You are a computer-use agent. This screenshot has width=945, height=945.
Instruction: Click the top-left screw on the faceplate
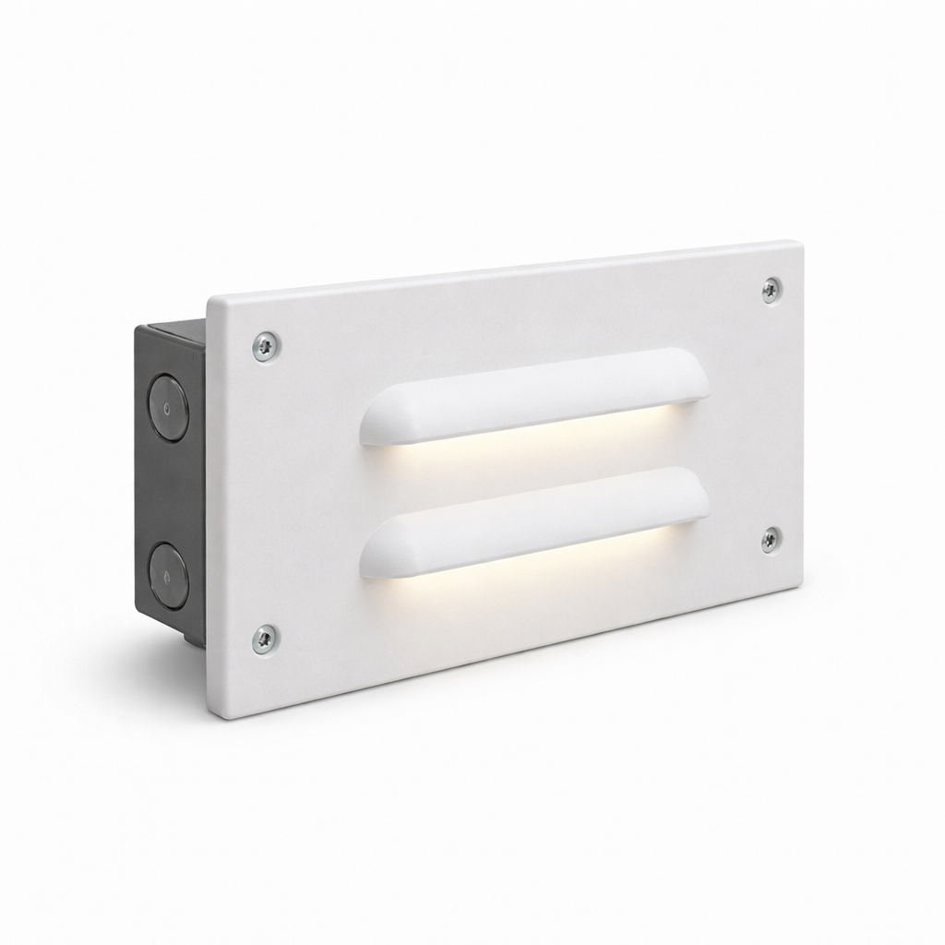pyautogui.click(x=266, y=346)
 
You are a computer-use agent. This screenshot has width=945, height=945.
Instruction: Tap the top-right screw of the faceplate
pyautogui.click(x=772, y=290)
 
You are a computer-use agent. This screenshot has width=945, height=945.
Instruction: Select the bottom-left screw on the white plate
pyautogui.click(x=265, y=638)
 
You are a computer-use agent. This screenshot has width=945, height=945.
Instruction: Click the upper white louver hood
pyautogui.click(x=535, y=395)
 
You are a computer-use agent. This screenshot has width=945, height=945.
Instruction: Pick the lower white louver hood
pyautogui.click(x=535, y=521)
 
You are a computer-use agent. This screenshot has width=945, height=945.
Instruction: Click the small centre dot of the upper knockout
pyautogui.click(x=167, y=407)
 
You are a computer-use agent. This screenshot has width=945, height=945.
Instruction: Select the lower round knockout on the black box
pyautogui.click(x=168, y=574)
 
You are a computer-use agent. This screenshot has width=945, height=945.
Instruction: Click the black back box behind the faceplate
pyautogui.click(x=171, y=489)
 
